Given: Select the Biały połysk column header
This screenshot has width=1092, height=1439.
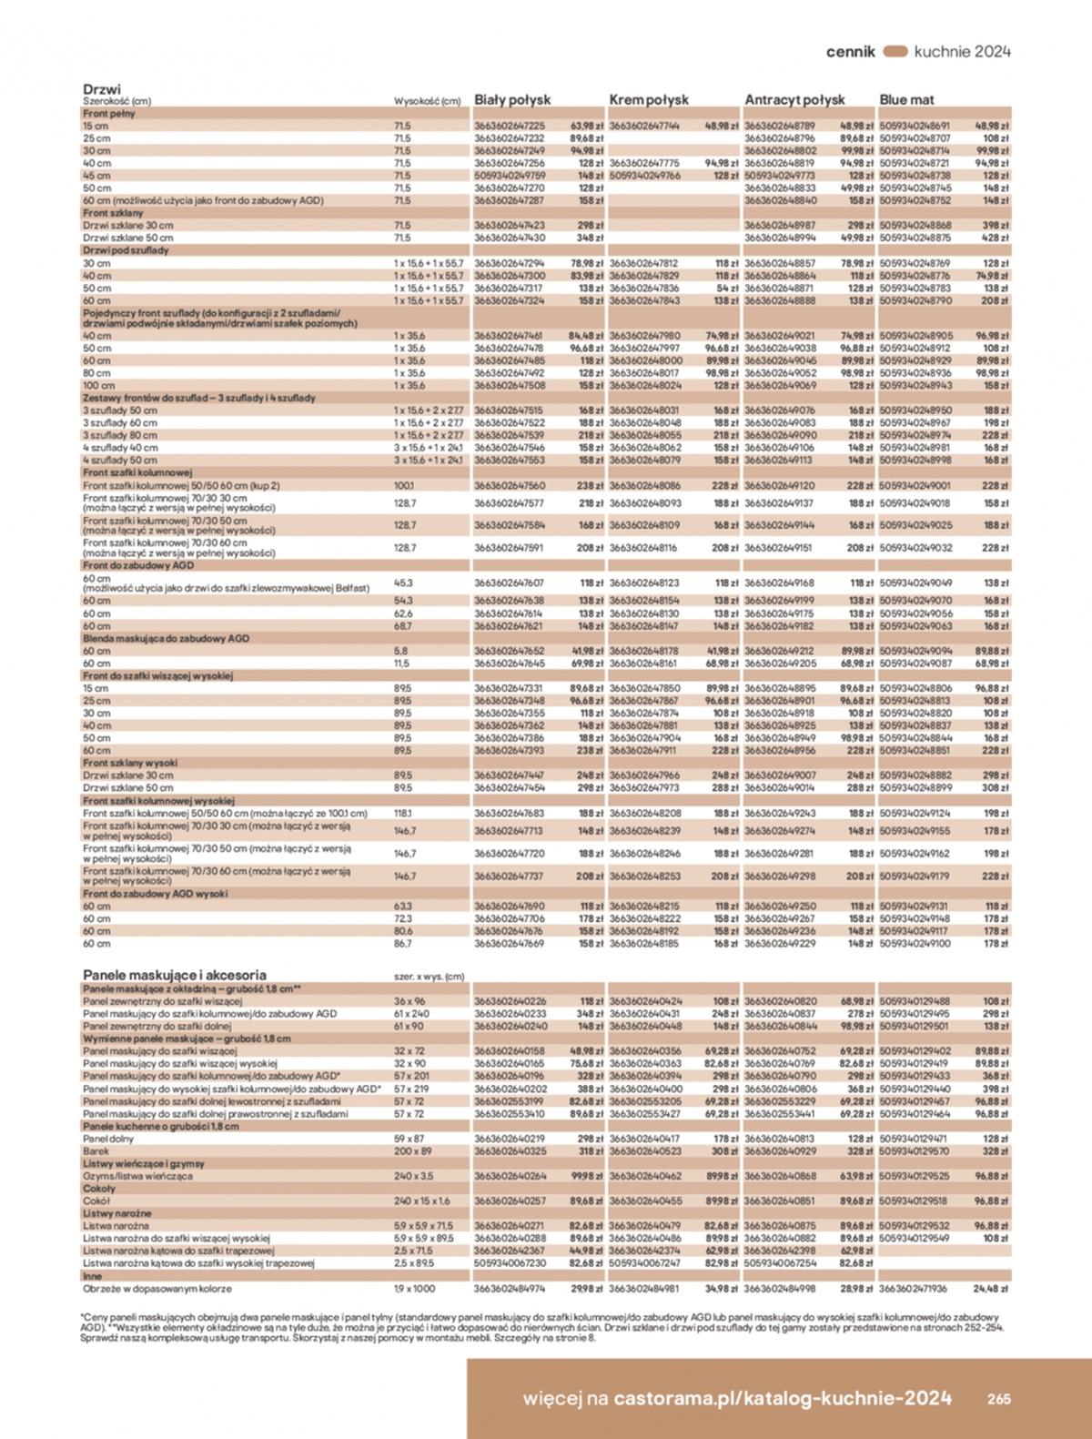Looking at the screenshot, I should point(512,100).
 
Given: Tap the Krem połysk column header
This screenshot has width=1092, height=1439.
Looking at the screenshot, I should point(648,100).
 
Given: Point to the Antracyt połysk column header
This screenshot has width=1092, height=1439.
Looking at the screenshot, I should point(794,100).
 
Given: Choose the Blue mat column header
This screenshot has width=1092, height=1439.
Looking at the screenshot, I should point(906,100).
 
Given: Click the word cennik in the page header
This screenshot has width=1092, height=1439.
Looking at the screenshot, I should point(850,52).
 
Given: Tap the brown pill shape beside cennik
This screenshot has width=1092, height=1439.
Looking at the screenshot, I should point(895,52).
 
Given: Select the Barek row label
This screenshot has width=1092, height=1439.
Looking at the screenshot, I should point(96,1151).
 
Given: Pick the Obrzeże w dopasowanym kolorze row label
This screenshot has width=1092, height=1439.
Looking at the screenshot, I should point(157,1289).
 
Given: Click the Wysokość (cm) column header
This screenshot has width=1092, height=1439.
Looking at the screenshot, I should point(427,102).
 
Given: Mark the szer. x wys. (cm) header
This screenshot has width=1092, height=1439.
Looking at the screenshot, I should point(428,977).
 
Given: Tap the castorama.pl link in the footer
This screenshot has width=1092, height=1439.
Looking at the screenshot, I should point(784,1399).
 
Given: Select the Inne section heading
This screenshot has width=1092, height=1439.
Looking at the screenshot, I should point(93,1276).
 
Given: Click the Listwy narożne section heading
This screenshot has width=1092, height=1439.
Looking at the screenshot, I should point(117,1213).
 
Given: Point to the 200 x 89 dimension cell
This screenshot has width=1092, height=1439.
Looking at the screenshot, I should point(410,1151).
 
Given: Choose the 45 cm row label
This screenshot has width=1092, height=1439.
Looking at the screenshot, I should point(96,176).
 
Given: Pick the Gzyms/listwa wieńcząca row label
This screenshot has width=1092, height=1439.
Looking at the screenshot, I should point(137,1176).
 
